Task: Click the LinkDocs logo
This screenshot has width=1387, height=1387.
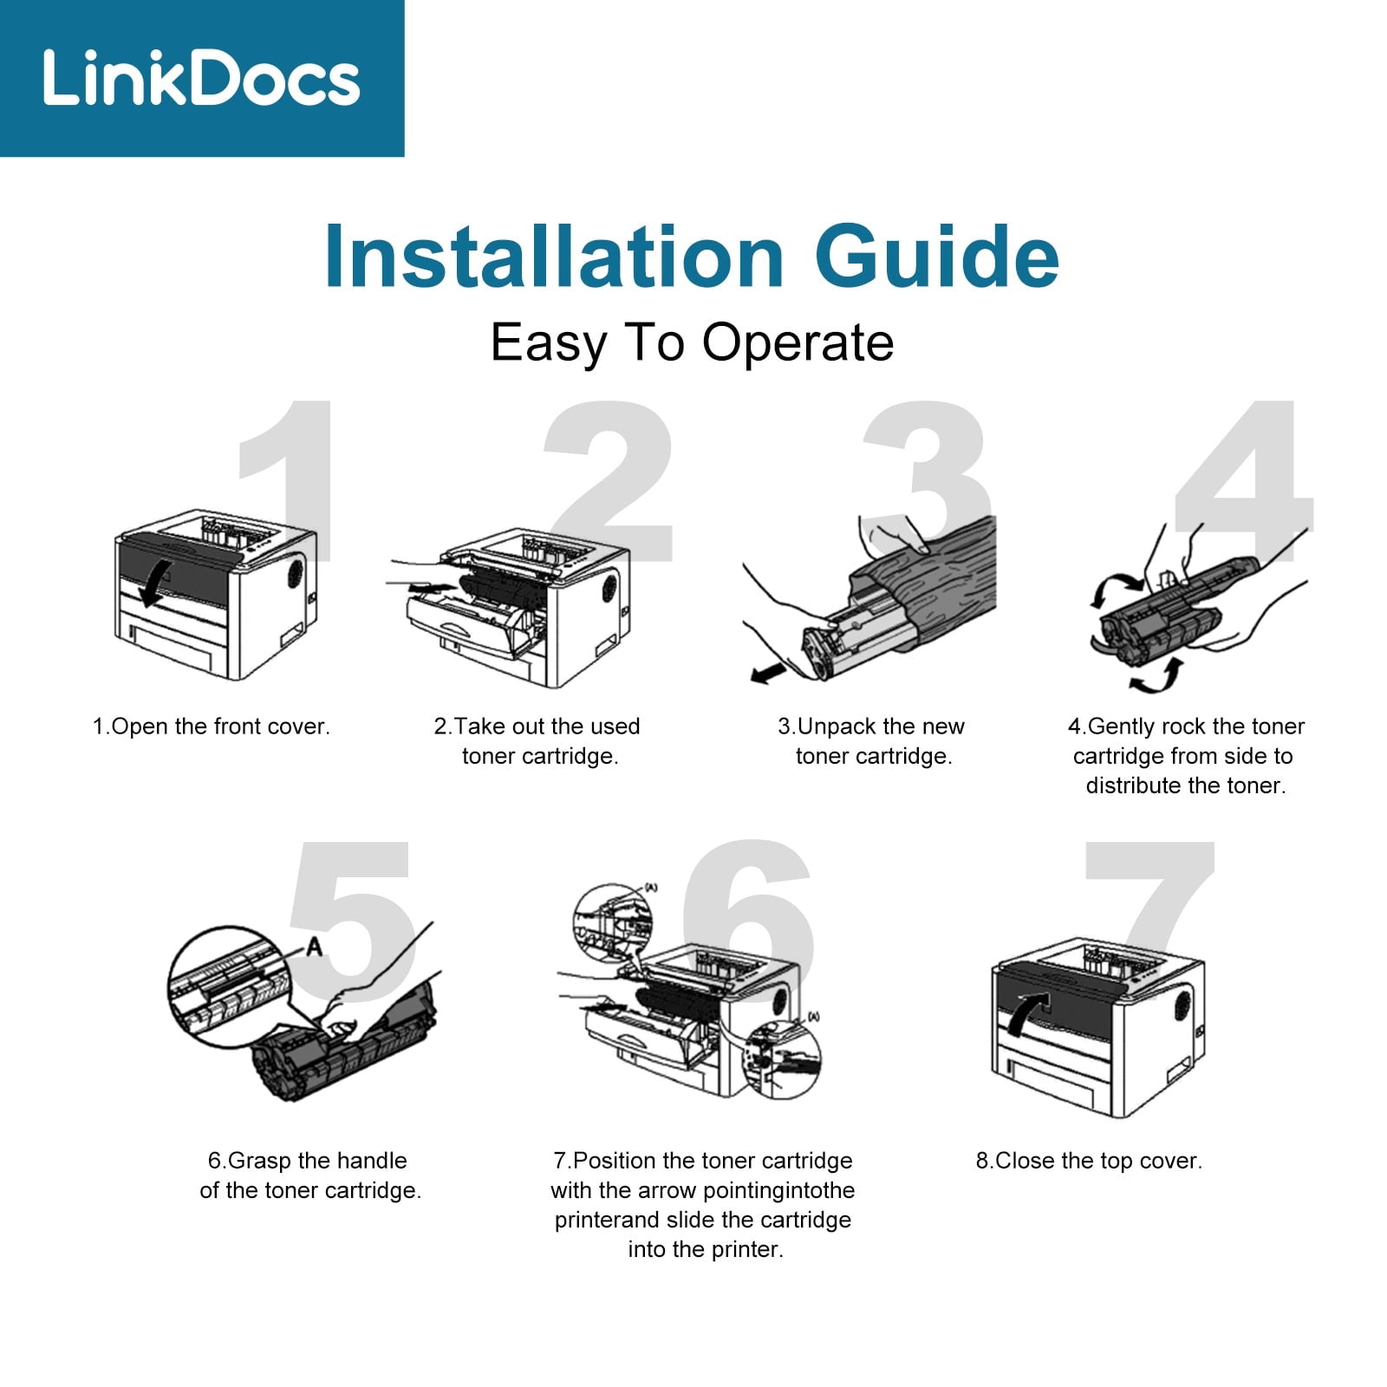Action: pos(201,78)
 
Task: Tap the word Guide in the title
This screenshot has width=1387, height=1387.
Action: pos(936,257)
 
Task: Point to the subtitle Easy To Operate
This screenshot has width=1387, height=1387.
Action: pos(692,343)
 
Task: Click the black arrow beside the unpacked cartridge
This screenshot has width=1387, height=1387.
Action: pos(768,673)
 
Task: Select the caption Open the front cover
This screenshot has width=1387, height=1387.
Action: pos(212,726)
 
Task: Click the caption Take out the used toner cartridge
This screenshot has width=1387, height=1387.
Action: pos(537,741)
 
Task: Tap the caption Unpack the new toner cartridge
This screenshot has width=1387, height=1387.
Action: pos(872,741)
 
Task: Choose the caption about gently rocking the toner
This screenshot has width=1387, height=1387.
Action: pos(1186,756)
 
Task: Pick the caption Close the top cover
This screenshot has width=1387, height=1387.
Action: pos(1090,1161)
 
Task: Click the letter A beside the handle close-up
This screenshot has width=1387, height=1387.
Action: pos(314,946)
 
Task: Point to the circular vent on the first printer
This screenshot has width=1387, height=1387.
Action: pos(296,573)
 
